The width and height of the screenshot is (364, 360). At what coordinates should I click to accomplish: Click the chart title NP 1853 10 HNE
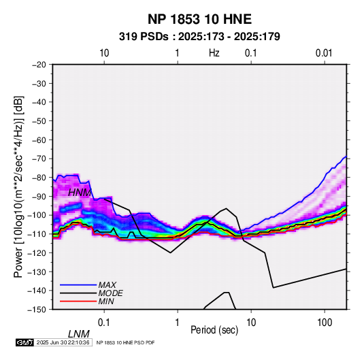(199, 19)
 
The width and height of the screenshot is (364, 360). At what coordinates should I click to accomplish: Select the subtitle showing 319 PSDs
(199, 37)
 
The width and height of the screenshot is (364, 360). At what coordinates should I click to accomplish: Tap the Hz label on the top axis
(214, 53)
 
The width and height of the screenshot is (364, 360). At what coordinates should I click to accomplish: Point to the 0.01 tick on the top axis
(324, 53)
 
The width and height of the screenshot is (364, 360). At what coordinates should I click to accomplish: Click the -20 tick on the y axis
(39, 65)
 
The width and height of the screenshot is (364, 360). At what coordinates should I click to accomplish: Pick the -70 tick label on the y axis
(39, 159)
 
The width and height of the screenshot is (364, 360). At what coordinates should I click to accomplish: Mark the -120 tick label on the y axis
(37, 252)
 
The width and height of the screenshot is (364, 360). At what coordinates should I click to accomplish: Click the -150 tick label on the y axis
(37, 310)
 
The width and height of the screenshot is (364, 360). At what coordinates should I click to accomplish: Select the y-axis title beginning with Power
(18, 186)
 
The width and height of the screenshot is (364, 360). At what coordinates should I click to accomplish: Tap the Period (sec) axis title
(214, 330)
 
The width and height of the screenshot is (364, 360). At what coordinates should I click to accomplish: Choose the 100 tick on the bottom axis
(325, 323)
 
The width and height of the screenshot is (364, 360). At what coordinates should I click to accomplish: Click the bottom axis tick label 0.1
(104, 323)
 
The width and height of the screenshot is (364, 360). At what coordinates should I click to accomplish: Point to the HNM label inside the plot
(80, 193)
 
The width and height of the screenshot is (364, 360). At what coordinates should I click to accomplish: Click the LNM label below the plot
(79, 334)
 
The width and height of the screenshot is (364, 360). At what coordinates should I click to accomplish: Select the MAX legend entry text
(107, 285)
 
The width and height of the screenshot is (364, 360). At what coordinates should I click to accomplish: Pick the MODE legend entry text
(110, 293)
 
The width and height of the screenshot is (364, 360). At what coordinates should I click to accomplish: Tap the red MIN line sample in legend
(78, 301)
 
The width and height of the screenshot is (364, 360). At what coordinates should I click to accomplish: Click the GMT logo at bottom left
(24, 342)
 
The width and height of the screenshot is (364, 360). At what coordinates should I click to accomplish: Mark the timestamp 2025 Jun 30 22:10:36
(63, 342)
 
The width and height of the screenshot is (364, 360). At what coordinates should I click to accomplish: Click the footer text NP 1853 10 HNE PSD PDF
(125, 342)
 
